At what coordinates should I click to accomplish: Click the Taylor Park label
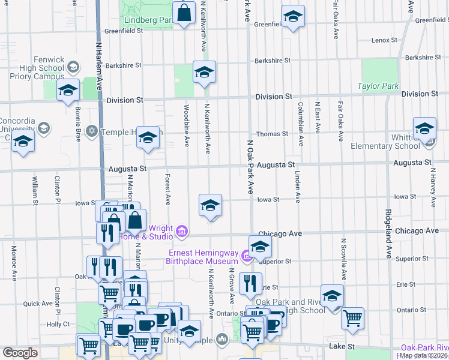pyautogui.click(x=378, y=86)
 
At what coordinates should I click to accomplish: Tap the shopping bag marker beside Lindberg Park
pyautogui.click(x=184, y=13)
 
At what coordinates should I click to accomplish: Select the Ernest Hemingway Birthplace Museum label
pyautogui.click(x=203, y=257)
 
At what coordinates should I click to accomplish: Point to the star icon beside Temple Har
pyautogui.click(x=92, y=131)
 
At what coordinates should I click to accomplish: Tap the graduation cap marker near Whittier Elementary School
pyautogui.click(x=424, y=128)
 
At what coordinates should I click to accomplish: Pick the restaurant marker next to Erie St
pyautogui.click(x=250, y=284)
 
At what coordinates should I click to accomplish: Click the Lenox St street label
pyautogui.click(x=381, y=40)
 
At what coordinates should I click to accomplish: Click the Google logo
pyautogui.click(x=19, y=353)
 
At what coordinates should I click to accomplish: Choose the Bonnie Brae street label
pyautogui.click(x=77, y=121)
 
